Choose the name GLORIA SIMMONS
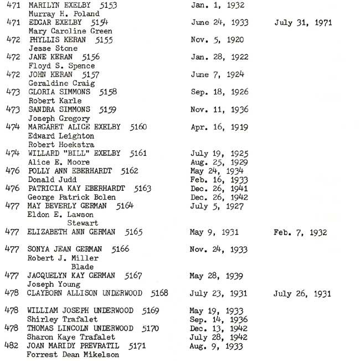pos(57,92)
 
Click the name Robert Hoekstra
pos(61,145)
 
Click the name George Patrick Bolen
pos(71,197)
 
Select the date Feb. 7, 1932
pos(300,232)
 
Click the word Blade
pos(83,267)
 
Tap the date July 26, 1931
pos(302,293)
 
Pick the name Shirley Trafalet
pos(62,319)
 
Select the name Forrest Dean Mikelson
pos(73,354)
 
